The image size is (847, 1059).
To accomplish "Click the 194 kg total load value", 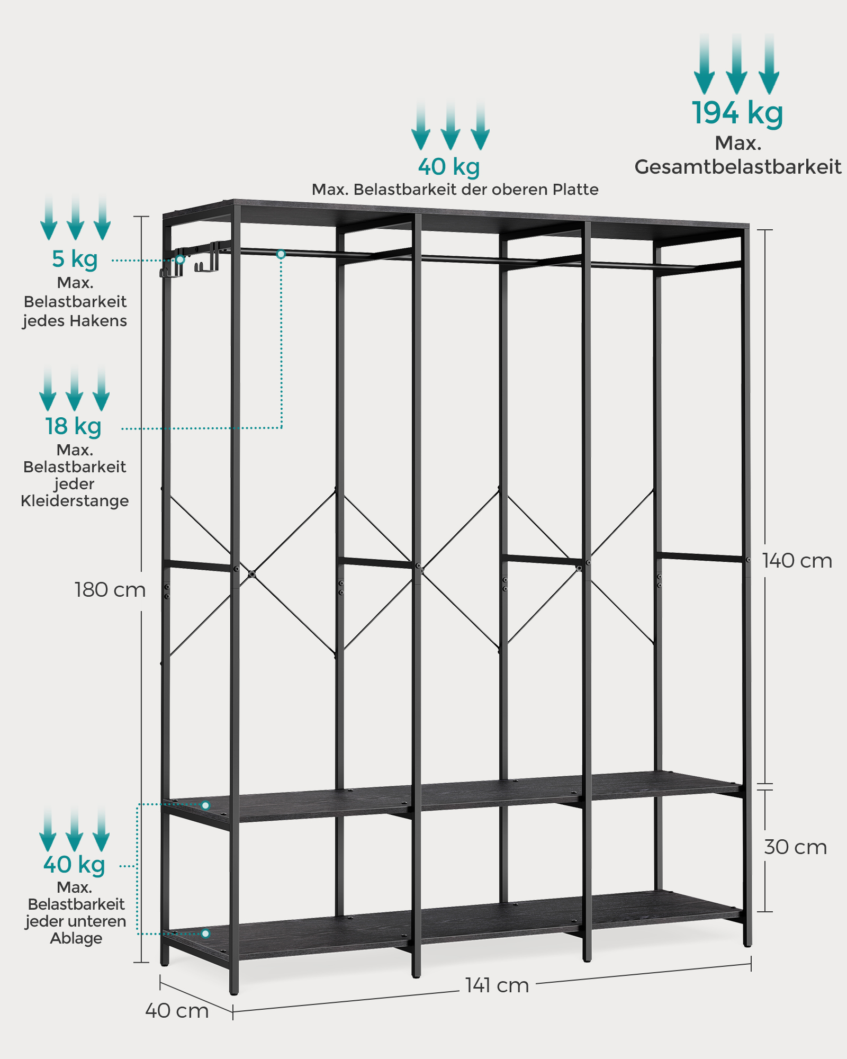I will pyautogui.click(x=737, y=113).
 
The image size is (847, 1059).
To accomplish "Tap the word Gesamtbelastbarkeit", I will pyautogui.click(x=737, y=167).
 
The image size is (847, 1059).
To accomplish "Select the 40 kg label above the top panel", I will pyautogui.click(x=449, y=166).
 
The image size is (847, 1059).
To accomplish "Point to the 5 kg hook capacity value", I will pyautogui.click(x=75, y=259).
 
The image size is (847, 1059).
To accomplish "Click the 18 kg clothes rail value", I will pyautogui.click(x=73, y=426).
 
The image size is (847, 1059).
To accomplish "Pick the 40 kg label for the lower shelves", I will pyautogui.click(x=74, y=865).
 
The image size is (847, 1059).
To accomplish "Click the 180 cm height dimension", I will pyautogui.click(x=110, y=590).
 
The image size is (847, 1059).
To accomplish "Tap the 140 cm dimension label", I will pyautogui.click(x=797, y=561).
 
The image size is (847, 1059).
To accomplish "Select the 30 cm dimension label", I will pyautogui.click(x=795, y=847).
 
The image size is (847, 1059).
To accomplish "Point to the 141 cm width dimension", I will pyautogui.click(x=497, y=985).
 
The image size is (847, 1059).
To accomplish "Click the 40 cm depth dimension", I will pyautogui.click(x=177, y=1011).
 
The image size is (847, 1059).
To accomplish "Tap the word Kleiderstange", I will pyautogui.click(x=75, y=501).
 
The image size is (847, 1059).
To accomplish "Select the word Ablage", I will pyautogui.click(x=76, y=938).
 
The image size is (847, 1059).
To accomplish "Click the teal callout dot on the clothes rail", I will pyautogui.click(x=281, y=254).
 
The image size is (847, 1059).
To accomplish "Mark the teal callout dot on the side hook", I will pyautogui.click(x=181, y=259).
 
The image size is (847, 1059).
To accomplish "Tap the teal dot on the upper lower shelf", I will pyautogui.click(x=206, y=805).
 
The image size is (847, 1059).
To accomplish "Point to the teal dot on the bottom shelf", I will pyautogui.click(x=206, y=934).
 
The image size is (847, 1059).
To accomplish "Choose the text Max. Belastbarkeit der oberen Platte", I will pyautogui.click(x=455, y=190).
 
